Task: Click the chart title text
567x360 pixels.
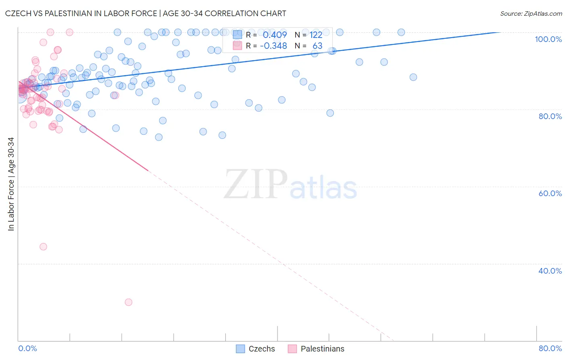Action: [146, 13]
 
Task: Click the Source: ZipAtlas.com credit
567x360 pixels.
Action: [531, 14]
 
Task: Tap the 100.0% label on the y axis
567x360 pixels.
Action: [548, 39]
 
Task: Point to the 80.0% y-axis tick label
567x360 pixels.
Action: [550, 116]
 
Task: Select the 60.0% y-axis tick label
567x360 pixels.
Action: [550, 193]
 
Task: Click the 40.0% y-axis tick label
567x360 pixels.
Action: [550, 271]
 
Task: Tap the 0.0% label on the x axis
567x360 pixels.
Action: [27, 348]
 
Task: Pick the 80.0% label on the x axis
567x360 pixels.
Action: [550, 348]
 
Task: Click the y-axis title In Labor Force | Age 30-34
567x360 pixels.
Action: [11, 184]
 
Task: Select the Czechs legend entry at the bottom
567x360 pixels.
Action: [256, 349]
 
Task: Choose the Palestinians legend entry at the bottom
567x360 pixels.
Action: [316, 349]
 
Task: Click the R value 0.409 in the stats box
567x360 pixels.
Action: [275, 35]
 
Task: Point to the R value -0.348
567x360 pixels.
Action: [273, 46]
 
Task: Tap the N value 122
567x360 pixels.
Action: [316, 35]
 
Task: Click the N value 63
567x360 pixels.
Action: [317, 46]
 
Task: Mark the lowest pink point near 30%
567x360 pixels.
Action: [129, 302]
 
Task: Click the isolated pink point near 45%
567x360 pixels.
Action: [43, 247]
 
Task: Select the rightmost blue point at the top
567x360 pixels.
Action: [401, 32]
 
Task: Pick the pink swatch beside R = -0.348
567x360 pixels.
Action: [238, 46]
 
